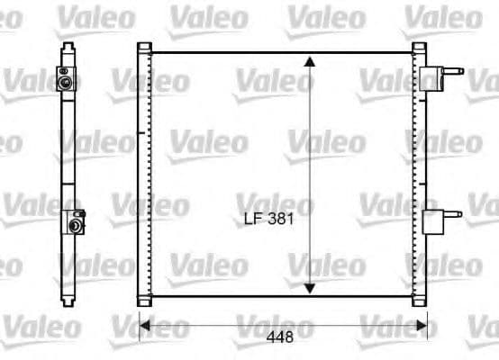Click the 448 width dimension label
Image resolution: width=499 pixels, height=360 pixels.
[x=285, y=340]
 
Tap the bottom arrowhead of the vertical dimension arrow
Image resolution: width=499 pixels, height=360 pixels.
[x=309, y=287]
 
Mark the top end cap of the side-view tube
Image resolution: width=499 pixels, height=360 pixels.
[x=69, y=45]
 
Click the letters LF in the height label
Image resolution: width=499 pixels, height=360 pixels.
[x=253, y=218]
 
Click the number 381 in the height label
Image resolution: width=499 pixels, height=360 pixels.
[x=281, y=218]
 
